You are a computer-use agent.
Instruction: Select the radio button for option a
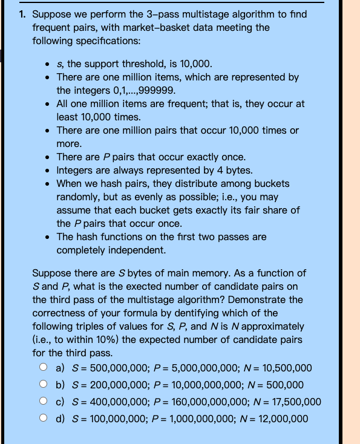44,368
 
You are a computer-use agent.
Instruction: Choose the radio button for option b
44,385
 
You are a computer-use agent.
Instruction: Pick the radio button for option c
44,402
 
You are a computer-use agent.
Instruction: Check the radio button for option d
44,419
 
